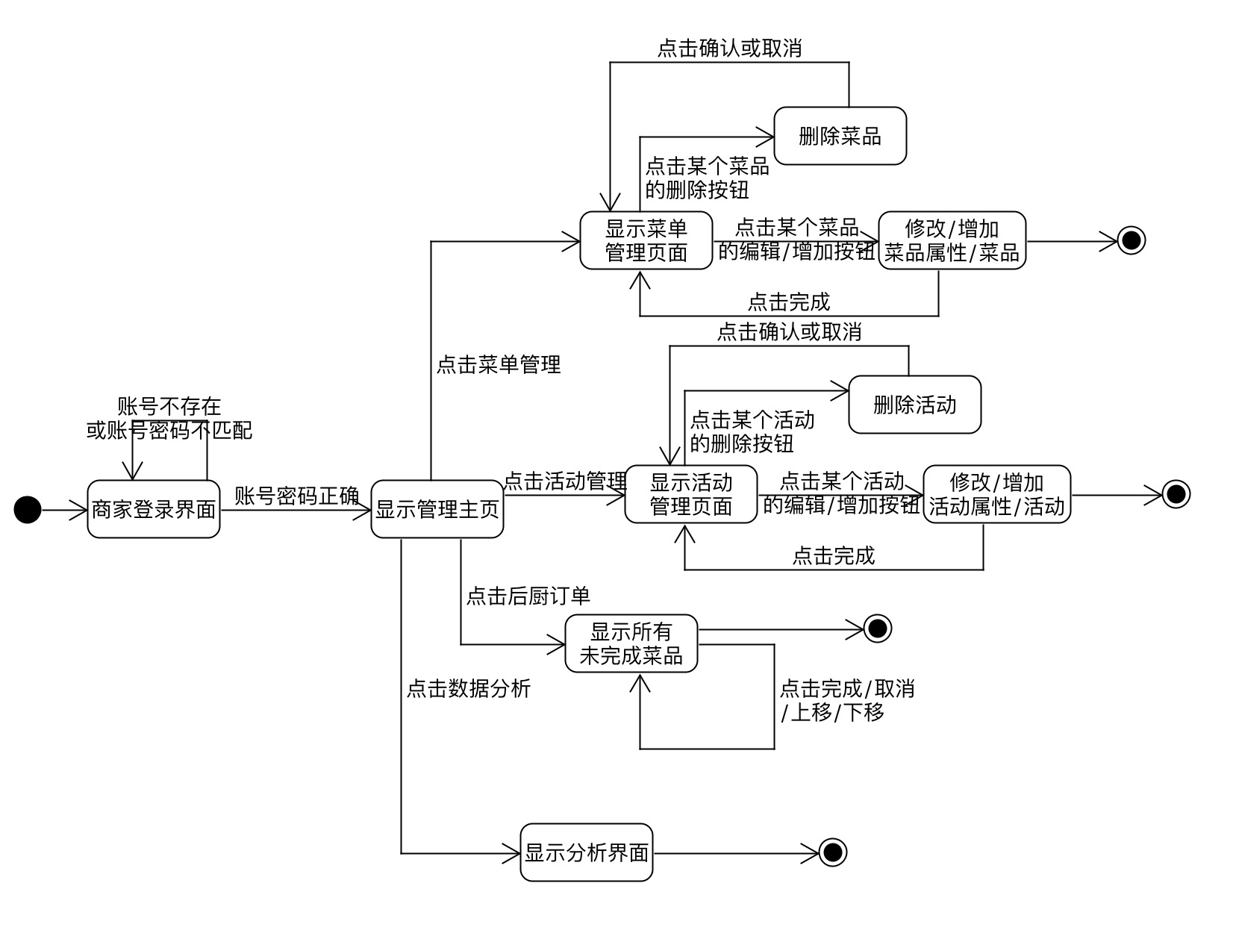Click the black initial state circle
click(28, 510)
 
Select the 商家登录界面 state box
click(154, 510)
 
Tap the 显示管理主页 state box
click(437, 510)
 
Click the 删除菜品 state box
click(840, 136)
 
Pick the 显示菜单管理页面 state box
click(646, 240)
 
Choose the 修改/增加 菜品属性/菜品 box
click(952, 240)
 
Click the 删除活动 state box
click(914, 405)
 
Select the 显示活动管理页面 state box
click(691, 494)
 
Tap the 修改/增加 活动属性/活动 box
click(996, 494)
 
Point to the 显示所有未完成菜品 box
click(631, 643)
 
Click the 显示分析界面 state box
click(587, 852)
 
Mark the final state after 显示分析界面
click(832, 852)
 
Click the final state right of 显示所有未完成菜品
click(877, 628)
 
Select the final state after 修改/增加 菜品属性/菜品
click(1131, 240)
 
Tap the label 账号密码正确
click(297, 496)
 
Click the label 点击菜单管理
click(499, 365)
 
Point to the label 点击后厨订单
click(528, 596)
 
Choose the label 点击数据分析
click(469, 688)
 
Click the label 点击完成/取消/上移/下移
click(847, 700)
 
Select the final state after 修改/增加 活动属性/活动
click(1176, 494)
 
